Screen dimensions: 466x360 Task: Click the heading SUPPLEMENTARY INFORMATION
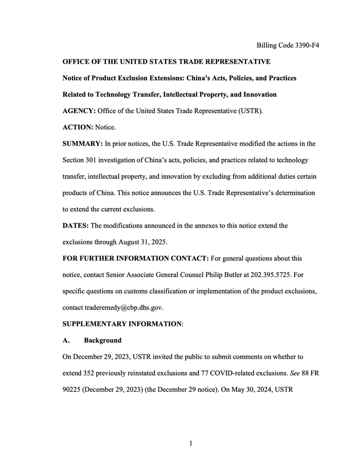[122, 324]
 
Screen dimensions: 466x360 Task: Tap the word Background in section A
[103, 341]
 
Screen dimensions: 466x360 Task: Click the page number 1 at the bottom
[190, 443]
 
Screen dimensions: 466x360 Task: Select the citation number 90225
[73, 390]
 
